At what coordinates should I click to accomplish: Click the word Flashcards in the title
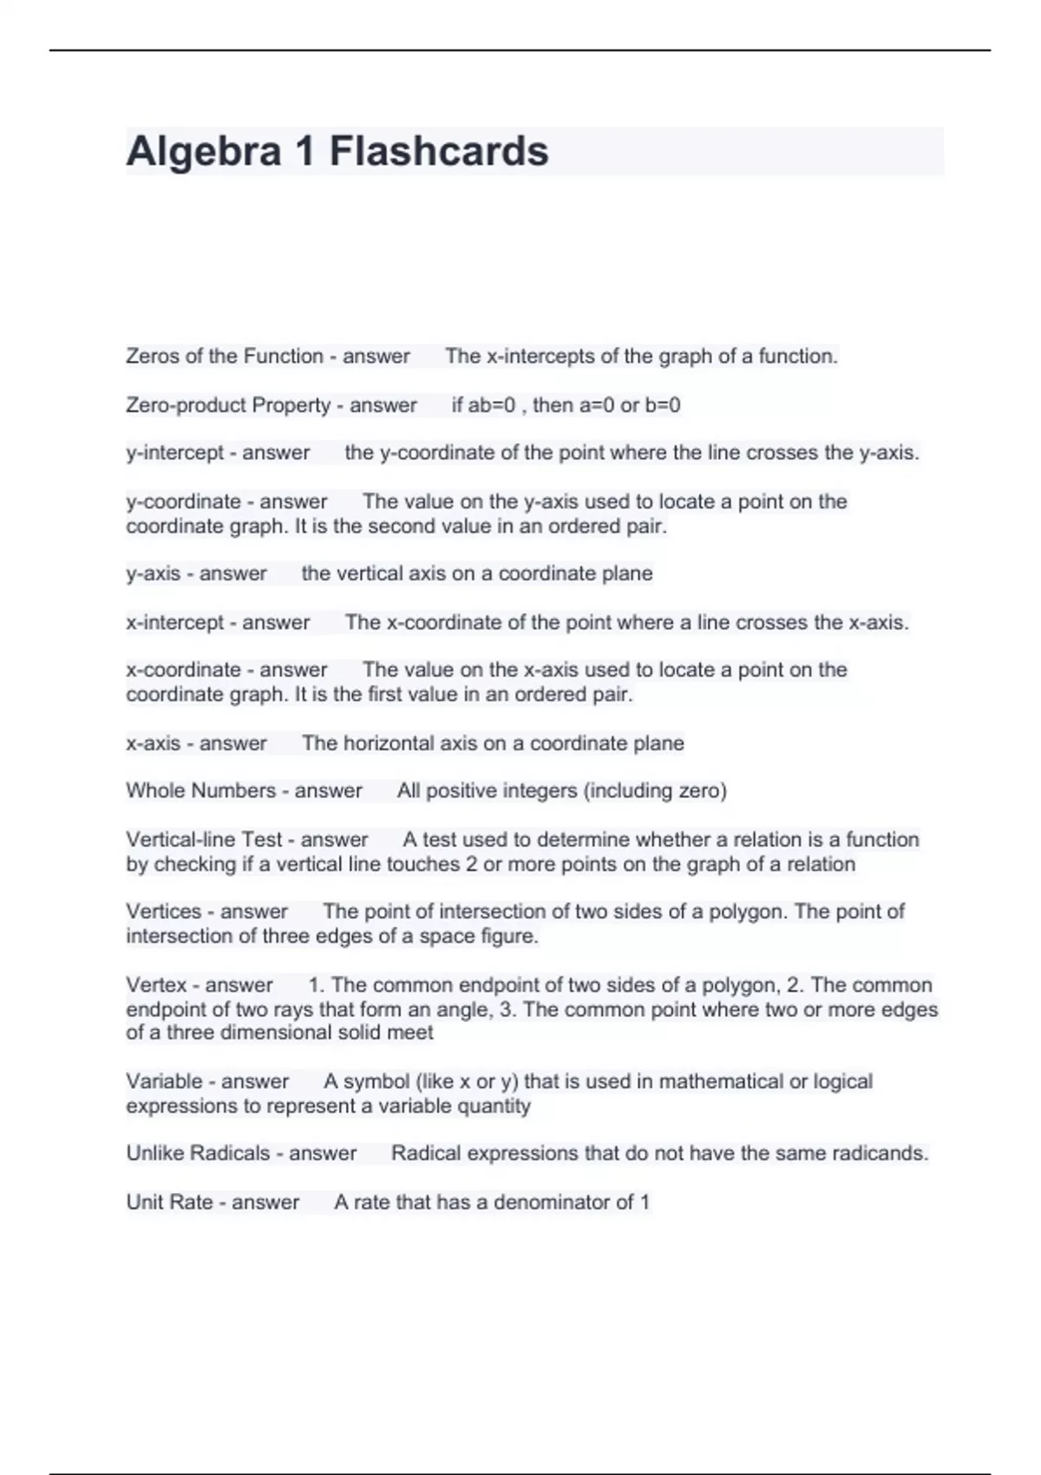tap(439, 151)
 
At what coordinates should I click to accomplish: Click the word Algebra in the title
tap(204, 151)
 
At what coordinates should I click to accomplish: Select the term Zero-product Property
tap(228, 405)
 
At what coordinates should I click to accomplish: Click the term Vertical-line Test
tap(204, 839)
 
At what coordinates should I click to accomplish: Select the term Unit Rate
tap(169, 1202)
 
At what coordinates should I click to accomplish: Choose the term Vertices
tap(163, 911)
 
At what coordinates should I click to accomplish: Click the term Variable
tap(164, 1081)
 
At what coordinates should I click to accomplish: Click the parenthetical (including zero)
tap(655, 790)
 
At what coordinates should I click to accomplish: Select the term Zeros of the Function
tap(224, 356)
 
